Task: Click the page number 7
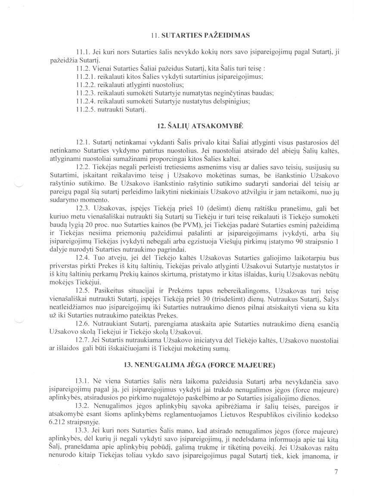(x=336, y=472)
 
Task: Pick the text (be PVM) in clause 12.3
(x=177, y=225)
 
